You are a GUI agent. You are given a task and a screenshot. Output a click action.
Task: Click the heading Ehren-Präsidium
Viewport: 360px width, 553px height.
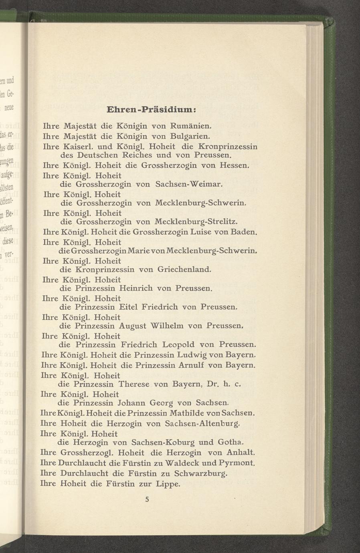tap(151, 109)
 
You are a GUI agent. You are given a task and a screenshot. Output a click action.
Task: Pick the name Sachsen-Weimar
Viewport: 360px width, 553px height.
tap(188, 184)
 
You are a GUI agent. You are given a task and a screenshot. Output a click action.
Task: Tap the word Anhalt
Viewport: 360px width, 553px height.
tap(241, 452)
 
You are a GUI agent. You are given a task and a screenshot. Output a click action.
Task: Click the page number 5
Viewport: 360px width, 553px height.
tap(148, 499)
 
